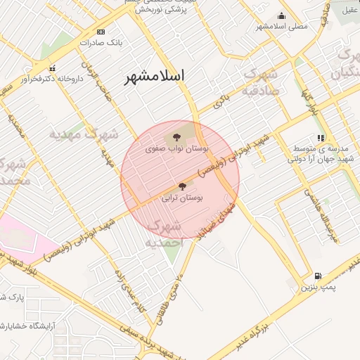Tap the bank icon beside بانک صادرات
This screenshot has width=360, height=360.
pos(101,32)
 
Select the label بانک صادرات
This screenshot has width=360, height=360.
pos(101,42)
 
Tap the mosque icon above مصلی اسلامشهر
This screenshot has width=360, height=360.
pos(282,16)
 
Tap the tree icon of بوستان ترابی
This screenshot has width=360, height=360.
pos(183,186)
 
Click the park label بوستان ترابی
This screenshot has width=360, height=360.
pos(182,198)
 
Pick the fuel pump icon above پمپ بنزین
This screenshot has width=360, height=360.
pos(319,276)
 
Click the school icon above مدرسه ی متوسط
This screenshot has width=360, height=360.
pos(321,138)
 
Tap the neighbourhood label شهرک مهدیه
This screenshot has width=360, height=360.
pos(84,132)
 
